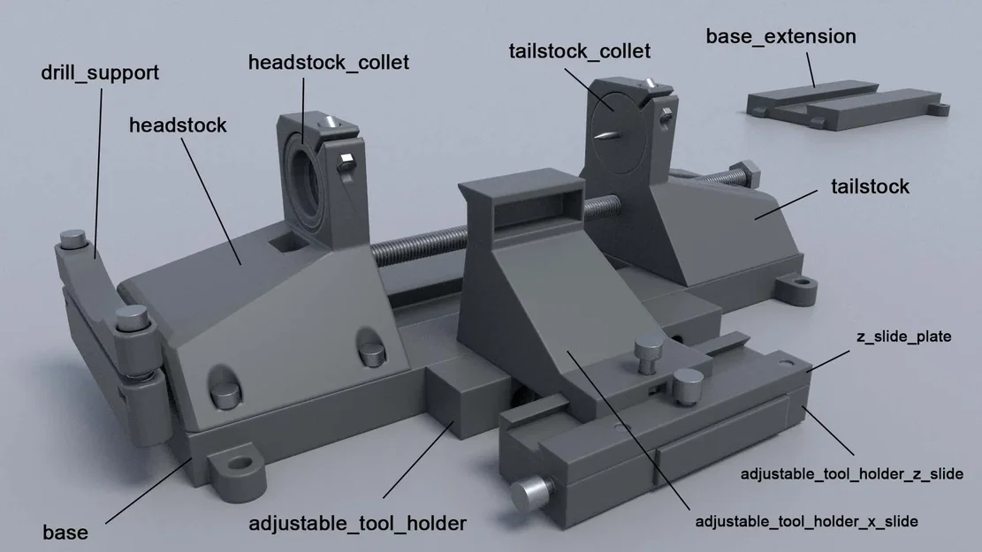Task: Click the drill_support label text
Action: click(x=100, y=72)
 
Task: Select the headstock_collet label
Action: click(x=328, y=63)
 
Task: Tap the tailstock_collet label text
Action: click(x=579, y=50)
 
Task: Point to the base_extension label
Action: click(x=780, y=36)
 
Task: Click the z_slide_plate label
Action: click(x=903, y=336)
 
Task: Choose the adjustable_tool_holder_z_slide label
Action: click(x=851, y=474)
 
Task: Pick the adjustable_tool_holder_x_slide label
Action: click(x=806, y=521)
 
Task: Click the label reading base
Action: click(x=65, y=533)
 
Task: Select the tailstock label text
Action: click(x=870, y=186)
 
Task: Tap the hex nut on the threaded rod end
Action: click(x=744, y=173)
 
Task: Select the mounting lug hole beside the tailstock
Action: click(x=802, y=285)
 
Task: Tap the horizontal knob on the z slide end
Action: click(x=533, y=491)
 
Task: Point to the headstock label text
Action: click(x=178, y=125)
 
